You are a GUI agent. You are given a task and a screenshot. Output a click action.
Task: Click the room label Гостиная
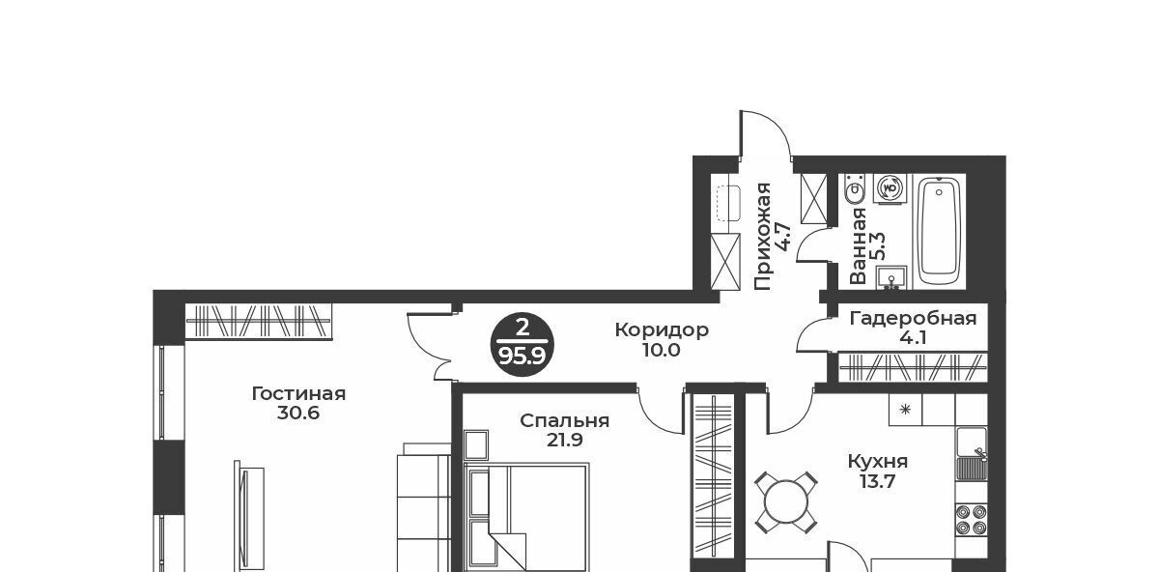point(298,394)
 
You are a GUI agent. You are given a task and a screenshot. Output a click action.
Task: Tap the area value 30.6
point(298,414)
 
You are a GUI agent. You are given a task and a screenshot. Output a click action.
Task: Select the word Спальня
point(564,421)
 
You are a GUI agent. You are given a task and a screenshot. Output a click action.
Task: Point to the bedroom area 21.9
point(564,441)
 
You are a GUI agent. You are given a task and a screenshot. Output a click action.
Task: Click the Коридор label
point(662,330)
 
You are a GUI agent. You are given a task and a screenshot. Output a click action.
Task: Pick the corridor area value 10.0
point(662,351)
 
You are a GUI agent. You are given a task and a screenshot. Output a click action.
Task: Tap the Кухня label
point(878,461)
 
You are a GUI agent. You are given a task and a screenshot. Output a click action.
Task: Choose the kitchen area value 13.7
point(878,482)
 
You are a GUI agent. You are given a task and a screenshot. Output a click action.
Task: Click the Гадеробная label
point(914,318)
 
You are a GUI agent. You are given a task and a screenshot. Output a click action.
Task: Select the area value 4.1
point(914,338)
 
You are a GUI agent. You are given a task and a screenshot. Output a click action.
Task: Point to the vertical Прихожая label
point(763,236)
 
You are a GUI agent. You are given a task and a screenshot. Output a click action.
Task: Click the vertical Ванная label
point(859,245)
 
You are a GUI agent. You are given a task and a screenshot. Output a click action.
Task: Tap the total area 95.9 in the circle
point(523,357)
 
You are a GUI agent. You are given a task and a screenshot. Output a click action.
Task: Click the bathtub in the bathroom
point(939,231)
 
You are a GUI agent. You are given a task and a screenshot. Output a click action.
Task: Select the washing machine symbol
point(890,187)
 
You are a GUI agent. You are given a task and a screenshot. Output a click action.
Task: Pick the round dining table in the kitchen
point(786,502)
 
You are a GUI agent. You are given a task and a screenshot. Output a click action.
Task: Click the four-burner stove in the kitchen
point(972,520)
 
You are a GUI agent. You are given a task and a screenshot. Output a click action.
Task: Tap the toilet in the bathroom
point(854,189)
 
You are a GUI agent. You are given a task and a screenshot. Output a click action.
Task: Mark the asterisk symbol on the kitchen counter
point(905,410)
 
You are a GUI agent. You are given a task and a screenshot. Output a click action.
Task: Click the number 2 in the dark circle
point(523,328)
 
